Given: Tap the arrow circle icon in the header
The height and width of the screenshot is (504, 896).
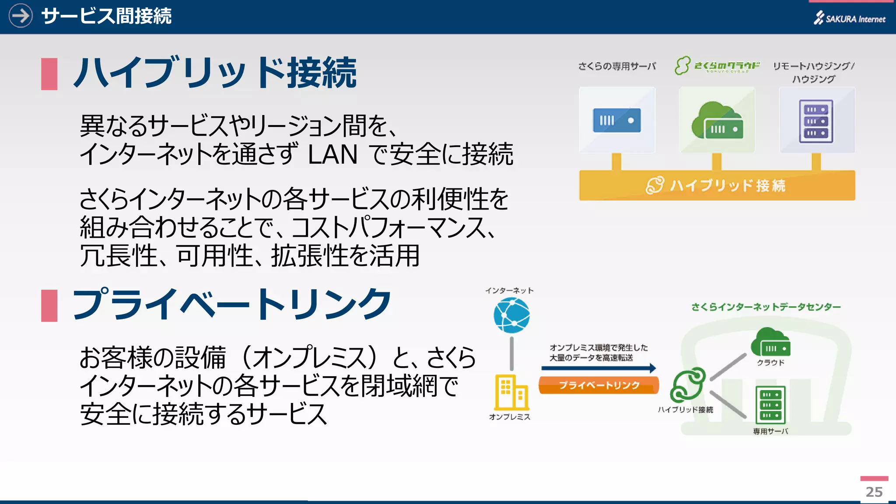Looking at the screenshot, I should pos(21,16).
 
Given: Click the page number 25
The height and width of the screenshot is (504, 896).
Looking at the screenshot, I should pos(874,492).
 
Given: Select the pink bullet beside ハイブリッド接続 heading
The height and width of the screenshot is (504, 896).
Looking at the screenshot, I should pos(49,74).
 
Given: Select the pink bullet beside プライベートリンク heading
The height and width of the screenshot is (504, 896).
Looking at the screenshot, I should pos(49,305).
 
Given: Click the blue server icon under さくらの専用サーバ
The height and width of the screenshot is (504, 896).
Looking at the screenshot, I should pos(617,120).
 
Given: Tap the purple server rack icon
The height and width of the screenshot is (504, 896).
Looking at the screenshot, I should pos(816,121).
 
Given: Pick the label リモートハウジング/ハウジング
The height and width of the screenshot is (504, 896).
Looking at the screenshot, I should pos(814,72).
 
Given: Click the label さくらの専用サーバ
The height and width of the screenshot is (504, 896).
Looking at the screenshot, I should pos(617,66).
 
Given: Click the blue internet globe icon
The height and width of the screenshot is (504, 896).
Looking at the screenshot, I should pos(511,315).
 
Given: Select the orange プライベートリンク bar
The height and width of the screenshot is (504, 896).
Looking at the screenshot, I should pos(598,385).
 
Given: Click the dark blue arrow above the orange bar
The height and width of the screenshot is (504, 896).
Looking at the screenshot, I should pos(598,368).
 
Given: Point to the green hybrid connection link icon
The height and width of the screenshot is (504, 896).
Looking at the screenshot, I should pos(688,385).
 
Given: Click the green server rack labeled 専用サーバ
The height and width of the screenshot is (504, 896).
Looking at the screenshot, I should pos(770,405).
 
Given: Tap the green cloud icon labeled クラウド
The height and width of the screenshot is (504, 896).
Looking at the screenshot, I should pos(770,343).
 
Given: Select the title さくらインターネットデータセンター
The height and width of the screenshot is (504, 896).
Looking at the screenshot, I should pos(766,307).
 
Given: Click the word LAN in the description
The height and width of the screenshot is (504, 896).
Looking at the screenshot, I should pos(332,154).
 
